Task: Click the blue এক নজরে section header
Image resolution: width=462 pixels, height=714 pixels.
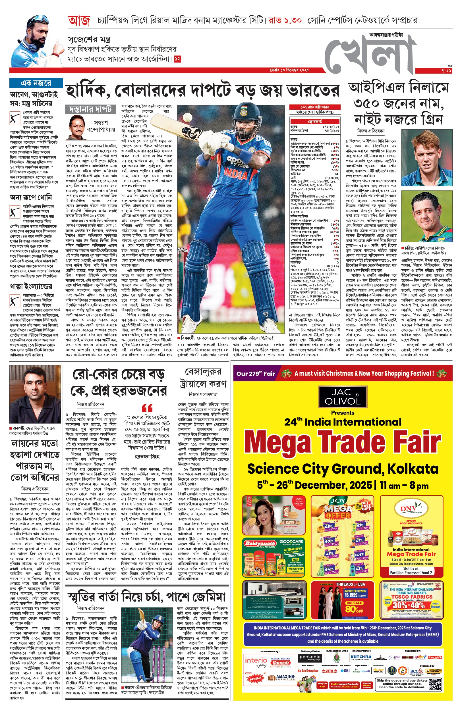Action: tap(36, 83)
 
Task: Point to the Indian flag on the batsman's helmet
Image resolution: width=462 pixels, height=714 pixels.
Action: tap(245, 107)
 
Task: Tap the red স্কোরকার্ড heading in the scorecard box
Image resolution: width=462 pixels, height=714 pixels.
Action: tap(315, 122)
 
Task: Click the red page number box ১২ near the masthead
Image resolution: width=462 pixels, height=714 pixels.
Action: tap(178, 59)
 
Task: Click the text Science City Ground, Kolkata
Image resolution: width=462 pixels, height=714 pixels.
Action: tap(342, 469)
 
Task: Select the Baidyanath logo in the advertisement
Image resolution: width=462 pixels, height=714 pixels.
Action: tap(260, 544)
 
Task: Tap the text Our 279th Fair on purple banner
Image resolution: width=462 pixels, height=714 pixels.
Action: tap(256, 374)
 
